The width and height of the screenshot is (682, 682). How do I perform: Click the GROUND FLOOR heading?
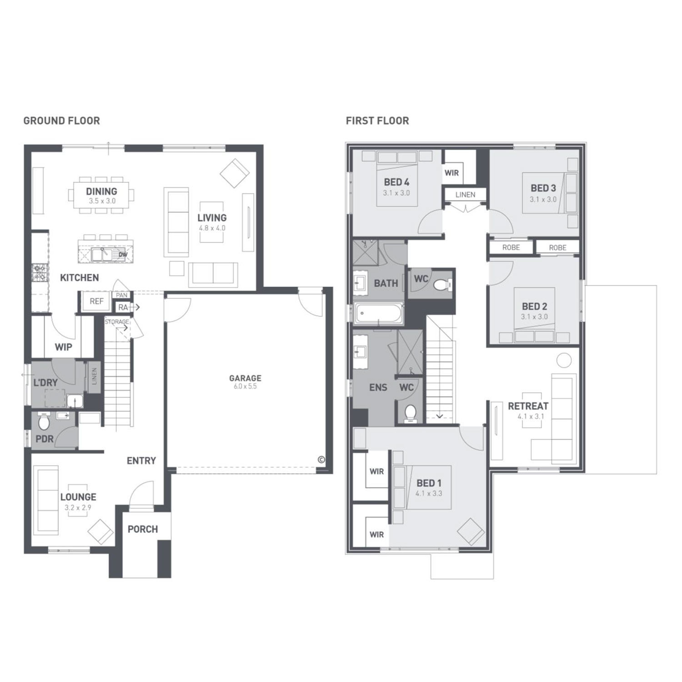(61, 120)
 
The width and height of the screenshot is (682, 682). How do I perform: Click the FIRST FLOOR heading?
(377, 120)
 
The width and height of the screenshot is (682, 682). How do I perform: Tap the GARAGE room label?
(245, 378)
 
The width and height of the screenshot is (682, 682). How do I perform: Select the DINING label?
(101, 191)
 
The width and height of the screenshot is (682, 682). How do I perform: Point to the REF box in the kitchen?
(96, 301)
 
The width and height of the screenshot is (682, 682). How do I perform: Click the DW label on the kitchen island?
(123, 255)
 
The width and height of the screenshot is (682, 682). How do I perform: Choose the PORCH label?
(143, 529)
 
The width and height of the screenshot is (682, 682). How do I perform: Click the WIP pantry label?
(63, 347)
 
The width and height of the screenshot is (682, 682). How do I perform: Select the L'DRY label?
(45, 382)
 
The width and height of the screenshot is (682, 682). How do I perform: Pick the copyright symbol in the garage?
(321, 460)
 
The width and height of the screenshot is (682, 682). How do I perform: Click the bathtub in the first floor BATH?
(379, 314)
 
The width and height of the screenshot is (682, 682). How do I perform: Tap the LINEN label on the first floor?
(465, 195)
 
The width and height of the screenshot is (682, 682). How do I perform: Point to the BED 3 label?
(543, 188)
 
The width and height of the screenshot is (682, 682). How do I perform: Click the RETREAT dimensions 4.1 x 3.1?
(528, 416)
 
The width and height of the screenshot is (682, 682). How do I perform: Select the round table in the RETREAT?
(564, 361)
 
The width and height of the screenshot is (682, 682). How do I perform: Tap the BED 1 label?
(429, 483)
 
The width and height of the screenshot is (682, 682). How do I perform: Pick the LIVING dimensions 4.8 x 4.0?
(212, 228)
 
